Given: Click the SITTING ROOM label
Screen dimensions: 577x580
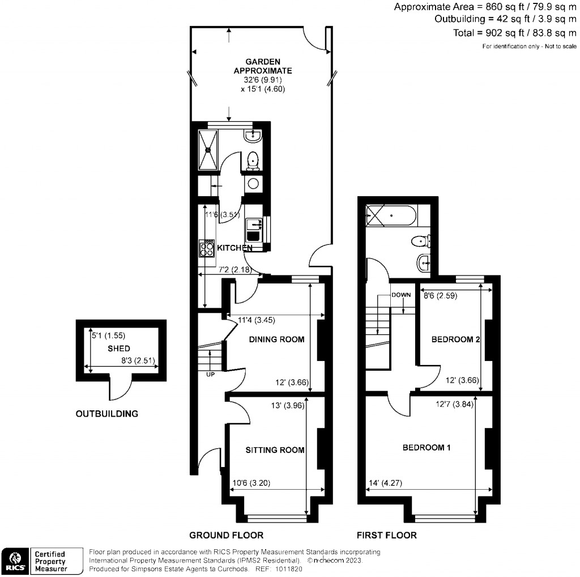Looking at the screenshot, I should (275, 450).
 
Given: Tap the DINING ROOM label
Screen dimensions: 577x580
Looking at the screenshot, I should (277, 340).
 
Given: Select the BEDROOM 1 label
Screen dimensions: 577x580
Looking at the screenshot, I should (427, 448).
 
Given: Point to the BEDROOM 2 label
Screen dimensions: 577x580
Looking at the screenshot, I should (455, 340).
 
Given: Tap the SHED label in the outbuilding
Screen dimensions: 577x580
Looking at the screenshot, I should (119, 349).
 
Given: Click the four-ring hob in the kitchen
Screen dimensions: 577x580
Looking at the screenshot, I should (206, 249).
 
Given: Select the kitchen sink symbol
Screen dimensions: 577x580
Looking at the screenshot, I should (253, 230).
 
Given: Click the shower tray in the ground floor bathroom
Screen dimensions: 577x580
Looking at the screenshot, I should (208, 150).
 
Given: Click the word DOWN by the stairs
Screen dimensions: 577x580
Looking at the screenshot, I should (401, 295).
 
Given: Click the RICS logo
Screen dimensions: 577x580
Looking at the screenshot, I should (15, 560).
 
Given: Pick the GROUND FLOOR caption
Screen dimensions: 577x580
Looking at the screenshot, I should (226, 535).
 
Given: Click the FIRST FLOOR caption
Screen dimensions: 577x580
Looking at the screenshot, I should (386, 535).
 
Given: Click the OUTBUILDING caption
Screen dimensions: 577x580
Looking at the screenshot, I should (106, 414).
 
